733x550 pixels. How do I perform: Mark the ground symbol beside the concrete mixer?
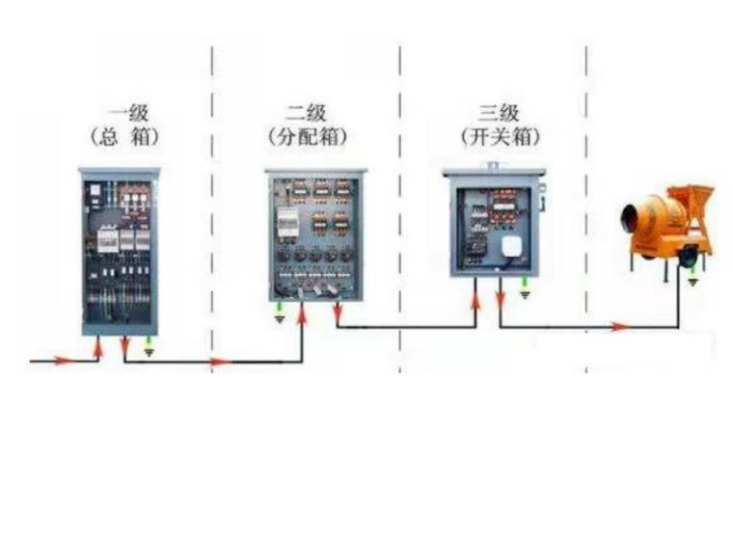(x=692, y=281)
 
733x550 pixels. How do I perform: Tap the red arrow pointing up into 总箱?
(x=100, y=344)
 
